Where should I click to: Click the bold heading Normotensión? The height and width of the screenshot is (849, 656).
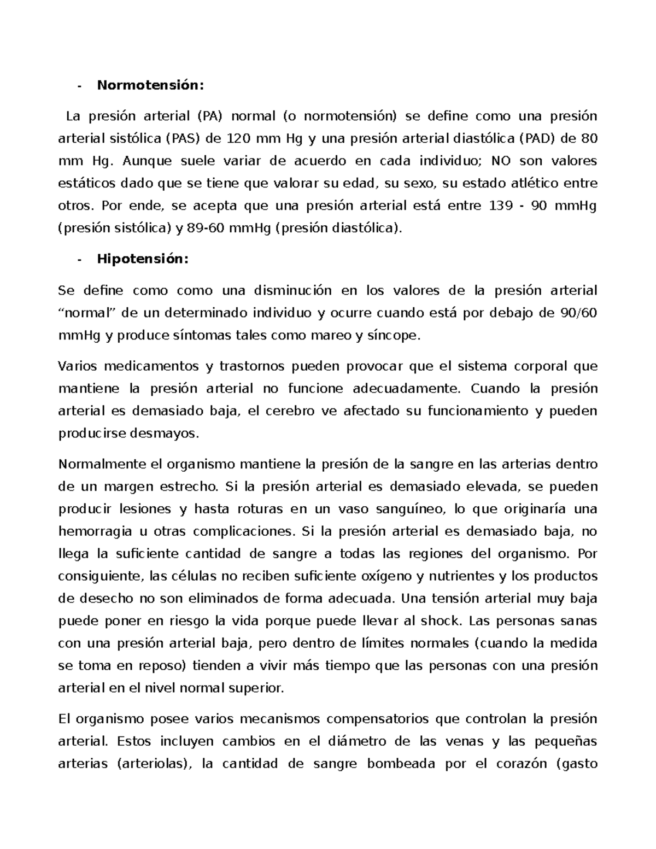point(150,85)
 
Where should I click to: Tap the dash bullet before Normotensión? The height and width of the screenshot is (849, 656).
point(80,86)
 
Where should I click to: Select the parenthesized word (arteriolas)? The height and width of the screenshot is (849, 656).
point(155,764)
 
